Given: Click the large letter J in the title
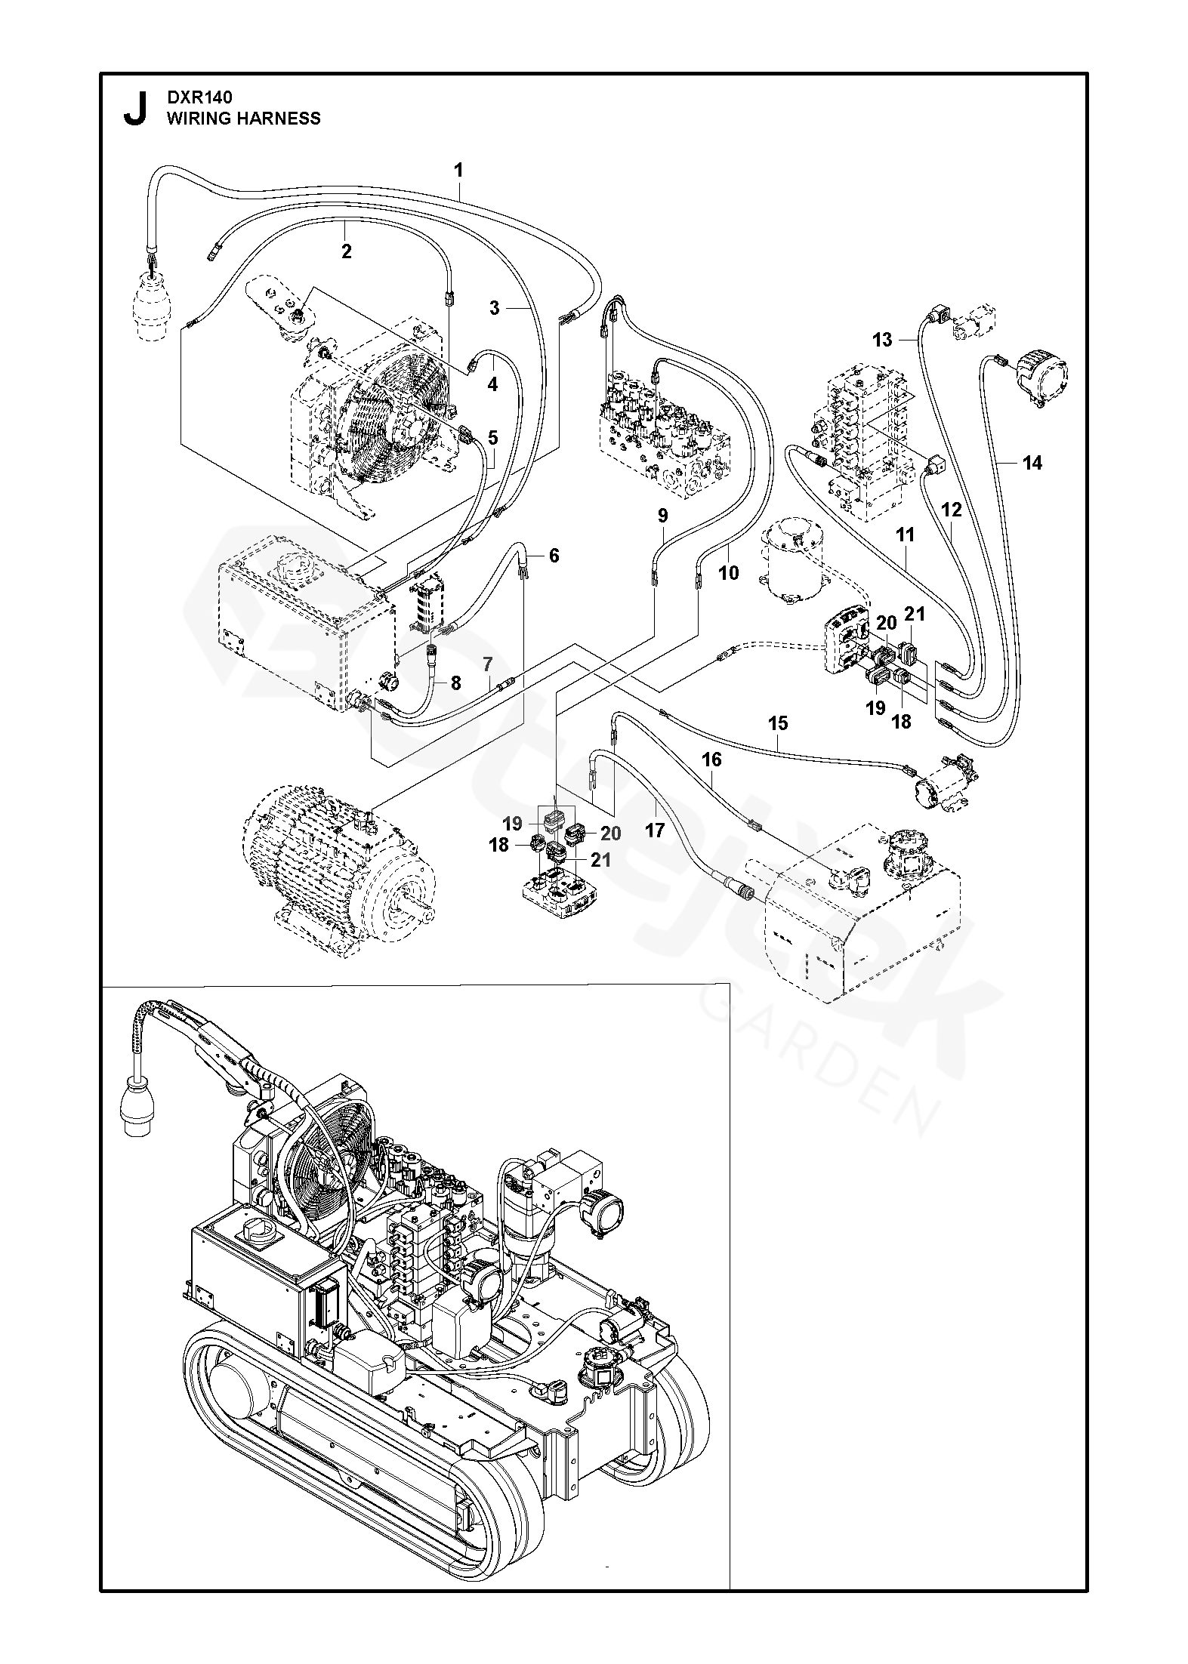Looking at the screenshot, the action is (134, 109).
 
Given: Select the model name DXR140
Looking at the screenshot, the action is (199, 97).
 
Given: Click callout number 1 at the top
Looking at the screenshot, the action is (458, 171).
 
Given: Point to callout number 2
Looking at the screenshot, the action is (347, 251).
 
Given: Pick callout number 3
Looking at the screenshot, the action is (494, 308).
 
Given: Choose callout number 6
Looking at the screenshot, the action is (554, 556).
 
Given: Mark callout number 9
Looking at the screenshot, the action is (662, 516).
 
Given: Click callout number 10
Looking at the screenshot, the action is (729, 573).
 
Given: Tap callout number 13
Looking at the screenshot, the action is (882, 340).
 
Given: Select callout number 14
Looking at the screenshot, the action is (1032, 463).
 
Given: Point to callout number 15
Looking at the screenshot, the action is (778, 723).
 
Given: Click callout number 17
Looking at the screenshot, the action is (655, 830).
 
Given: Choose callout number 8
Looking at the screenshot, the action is (455, 683).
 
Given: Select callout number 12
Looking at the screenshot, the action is (952, 510).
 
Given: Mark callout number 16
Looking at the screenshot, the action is (711, 759).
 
